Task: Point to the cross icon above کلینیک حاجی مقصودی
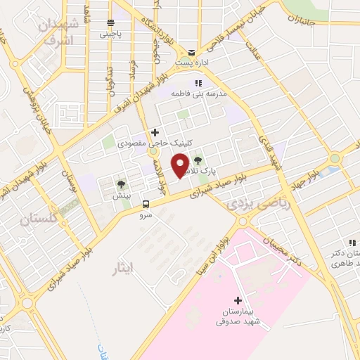pyautogui.click(x=155, y=132)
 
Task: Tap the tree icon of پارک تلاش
pyautogui.click(x=197, y=160)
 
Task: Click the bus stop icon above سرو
pyautogui.click(x=146, y=204)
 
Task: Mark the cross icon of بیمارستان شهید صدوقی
pyautogui.click(x=238, y=300)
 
